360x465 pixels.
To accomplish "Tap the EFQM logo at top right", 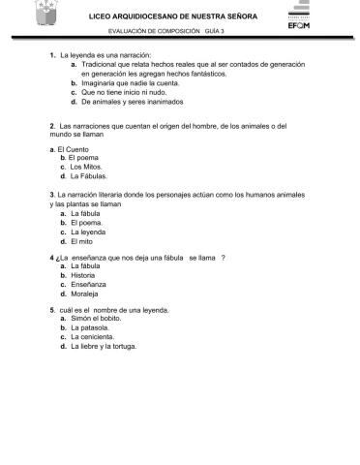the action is tap(297, 21).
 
